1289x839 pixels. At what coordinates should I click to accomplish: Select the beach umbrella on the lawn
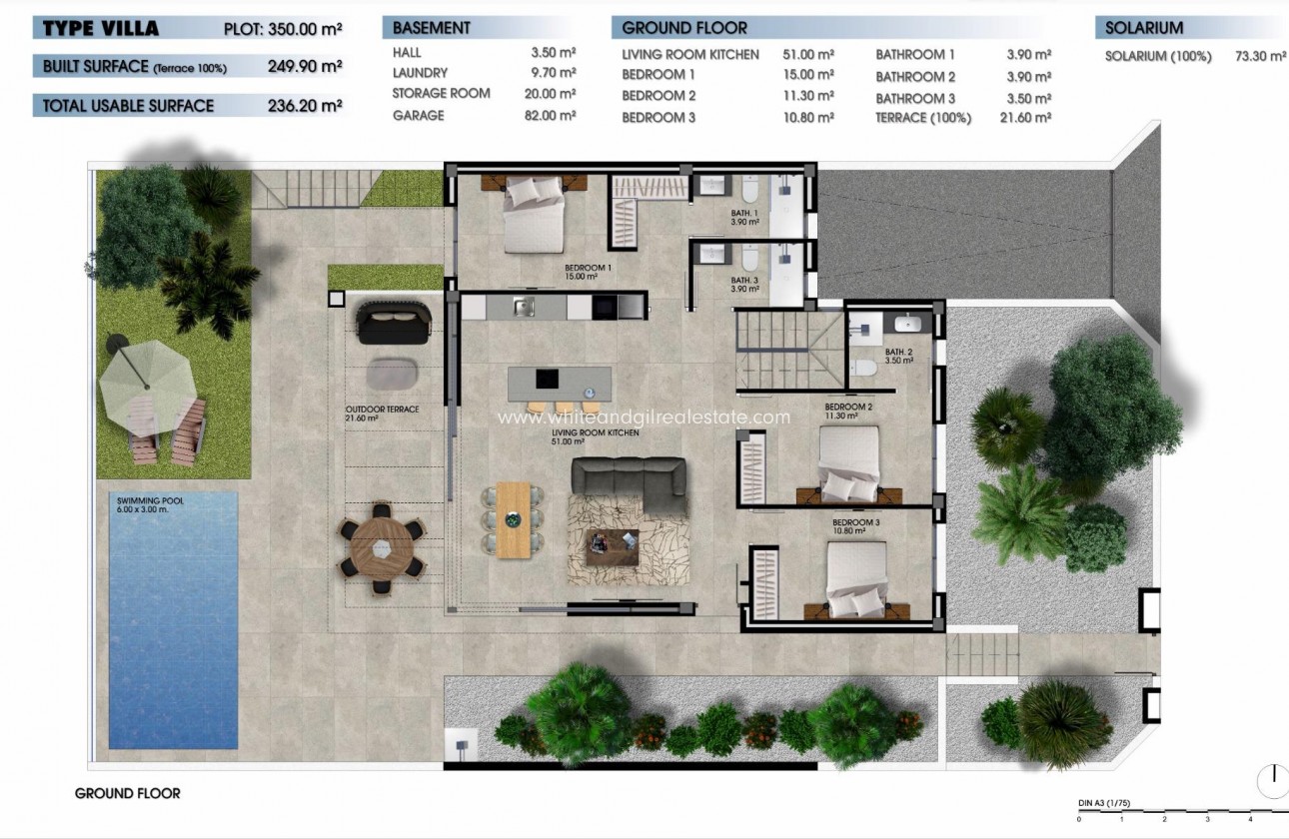146,378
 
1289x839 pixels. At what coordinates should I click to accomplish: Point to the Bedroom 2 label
848,407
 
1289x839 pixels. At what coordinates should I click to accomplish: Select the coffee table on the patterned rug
612,545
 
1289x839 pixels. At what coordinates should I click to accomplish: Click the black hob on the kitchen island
547,379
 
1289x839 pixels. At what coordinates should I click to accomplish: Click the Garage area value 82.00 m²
554,116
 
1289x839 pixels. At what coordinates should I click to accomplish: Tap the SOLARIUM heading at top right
1144,29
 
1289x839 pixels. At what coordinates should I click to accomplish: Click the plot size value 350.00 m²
305,29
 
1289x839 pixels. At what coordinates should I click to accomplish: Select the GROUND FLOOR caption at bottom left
128,793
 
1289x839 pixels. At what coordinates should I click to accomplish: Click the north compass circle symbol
1272,778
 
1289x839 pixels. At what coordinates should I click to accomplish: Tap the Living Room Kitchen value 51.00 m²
809,55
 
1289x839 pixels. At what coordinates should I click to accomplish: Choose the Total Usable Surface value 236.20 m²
305,105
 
